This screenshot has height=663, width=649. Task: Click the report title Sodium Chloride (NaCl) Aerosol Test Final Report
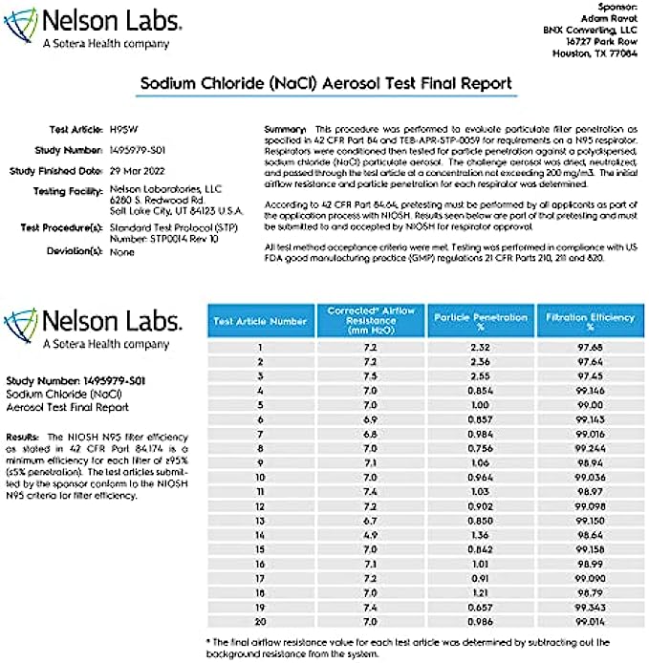326,83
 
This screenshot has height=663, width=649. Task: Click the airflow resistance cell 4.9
370,536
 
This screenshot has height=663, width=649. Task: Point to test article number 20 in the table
260,621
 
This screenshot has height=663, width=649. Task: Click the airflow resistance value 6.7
370,522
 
